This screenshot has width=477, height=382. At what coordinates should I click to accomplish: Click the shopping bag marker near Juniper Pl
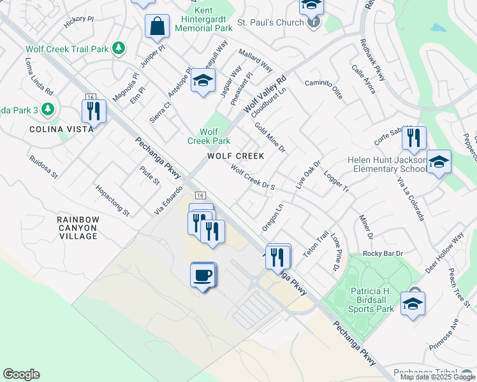(157, 27)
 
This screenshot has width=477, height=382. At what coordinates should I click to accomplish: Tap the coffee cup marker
(203, 276)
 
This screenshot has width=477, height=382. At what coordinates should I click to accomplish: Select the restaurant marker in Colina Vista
(94, 111)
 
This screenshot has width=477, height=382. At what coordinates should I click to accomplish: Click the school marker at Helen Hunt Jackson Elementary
(439, 163)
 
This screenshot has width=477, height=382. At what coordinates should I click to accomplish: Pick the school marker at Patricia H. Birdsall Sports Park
(413, 304)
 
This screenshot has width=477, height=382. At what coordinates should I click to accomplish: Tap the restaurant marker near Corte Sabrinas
(415, 139)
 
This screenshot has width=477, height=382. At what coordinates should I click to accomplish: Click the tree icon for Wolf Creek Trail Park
(118, 48)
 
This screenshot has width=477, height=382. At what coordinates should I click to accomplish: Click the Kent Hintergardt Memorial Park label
(203, 20)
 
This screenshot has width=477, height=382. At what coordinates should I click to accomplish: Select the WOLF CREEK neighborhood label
(236, 156)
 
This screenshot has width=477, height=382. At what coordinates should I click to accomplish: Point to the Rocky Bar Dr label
(383, 253)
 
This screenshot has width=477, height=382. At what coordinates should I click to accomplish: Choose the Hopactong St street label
(112, 201)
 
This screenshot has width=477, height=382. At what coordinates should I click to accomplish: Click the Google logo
(21, 374)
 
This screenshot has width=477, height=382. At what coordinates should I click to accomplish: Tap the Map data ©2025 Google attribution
(437, 377)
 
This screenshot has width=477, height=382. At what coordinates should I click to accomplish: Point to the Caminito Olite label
(323, 89)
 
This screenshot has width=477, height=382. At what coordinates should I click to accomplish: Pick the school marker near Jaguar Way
(203, 81)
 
